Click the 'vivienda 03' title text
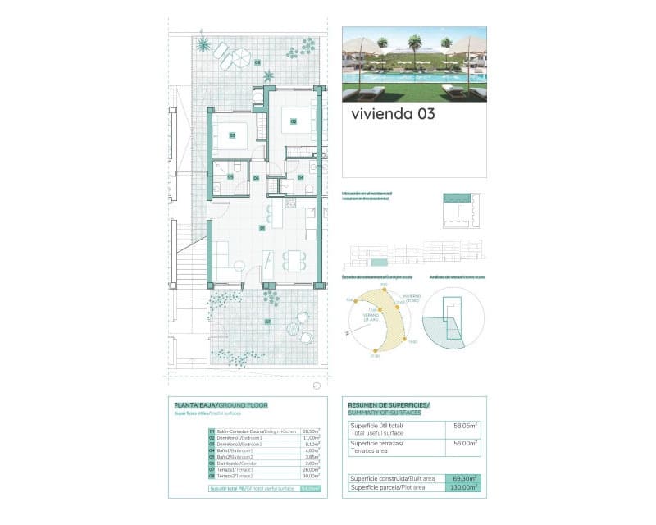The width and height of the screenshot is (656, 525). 393,114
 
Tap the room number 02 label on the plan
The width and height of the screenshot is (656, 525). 292,121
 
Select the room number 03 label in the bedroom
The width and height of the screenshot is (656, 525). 232,135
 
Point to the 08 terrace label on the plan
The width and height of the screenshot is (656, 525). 257,62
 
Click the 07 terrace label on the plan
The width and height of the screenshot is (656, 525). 267,322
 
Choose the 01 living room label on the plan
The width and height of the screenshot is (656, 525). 262,227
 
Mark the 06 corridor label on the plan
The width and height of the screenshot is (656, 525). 256,177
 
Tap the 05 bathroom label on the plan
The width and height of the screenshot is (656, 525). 231,176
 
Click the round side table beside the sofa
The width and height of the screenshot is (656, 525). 238,263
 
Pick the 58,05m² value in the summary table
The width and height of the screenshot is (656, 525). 465,426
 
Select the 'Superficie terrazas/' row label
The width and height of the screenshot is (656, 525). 376,443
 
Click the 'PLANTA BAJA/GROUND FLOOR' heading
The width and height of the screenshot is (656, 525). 221,405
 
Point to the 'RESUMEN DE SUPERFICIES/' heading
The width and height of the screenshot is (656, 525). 389,405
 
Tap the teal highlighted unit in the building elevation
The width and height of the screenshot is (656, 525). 378,262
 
